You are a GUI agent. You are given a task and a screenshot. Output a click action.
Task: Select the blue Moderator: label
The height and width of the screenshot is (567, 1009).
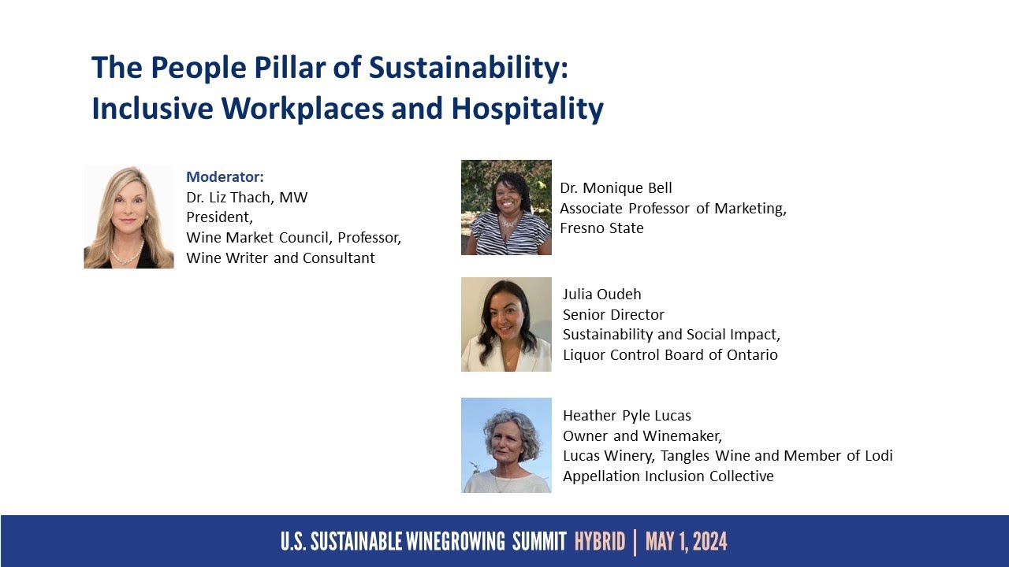click(225, 176)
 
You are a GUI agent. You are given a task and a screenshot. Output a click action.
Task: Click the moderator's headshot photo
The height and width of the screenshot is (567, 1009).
click(128, 217)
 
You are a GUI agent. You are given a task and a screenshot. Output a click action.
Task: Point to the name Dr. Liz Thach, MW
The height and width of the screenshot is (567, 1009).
click(247, 197)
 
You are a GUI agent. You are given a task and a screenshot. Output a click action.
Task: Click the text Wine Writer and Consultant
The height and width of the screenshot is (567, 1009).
click(281, 258)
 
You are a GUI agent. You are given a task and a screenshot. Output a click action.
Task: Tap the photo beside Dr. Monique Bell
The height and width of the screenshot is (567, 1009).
click(506, 207)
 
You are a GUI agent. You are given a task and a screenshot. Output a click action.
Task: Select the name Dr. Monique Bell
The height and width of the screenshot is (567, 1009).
click(616, 187)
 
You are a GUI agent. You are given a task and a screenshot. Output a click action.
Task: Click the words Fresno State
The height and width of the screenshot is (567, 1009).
click(601, 228)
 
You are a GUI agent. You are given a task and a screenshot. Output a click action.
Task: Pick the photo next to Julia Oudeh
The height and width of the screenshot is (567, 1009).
click(506, 324)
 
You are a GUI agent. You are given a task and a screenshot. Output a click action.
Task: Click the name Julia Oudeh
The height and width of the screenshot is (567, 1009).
click(602, 295)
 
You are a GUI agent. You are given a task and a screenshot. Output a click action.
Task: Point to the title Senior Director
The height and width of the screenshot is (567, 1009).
click(613, 314)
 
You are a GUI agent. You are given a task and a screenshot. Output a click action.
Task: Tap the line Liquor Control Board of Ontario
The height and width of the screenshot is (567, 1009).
click(670, 355)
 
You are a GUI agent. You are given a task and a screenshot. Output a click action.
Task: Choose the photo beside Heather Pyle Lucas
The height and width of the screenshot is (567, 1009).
click(506, 445)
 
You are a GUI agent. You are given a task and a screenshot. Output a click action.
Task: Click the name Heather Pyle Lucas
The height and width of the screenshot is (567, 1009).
click(627, 415)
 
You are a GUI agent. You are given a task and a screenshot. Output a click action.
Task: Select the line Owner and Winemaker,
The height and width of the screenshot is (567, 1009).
click(642, 435)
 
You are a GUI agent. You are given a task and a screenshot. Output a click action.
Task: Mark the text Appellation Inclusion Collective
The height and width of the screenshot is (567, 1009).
click(668, 476)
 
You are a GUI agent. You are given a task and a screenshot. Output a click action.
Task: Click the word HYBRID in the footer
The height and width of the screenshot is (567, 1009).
click(600, 542)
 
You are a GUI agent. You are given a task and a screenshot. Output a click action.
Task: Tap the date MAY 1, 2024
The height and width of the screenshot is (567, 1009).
click(686, 542)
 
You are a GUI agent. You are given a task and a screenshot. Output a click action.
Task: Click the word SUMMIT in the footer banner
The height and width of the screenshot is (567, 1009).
click(539, 542)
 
